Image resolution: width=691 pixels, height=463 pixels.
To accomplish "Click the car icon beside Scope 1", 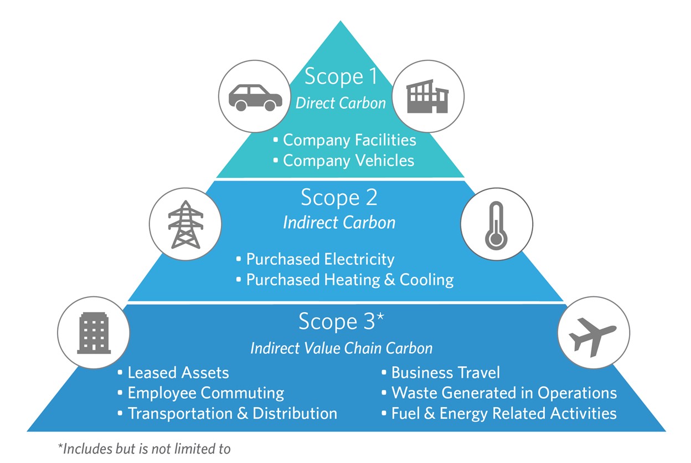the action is (255, 97).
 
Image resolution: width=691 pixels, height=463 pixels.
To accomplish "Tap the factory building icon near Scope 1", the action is (427, 96).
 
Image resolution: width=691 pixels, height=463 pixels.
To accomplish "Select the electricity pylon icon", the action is (185, 224).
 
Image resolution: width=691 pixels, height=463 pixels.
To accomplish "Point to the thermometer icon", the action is (496, 225).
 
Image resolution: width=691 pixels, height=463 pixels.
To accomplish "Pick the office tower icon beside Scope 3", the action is (94, 333).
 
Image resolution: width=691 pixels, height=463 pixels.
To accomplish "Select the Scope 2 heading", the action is (339, 197).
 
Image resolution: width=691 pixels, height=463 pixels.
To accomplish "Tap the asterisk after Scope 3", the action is (380, 317).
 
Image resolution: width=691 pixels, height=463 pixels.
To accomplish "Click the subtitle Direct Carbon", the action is (341, 103).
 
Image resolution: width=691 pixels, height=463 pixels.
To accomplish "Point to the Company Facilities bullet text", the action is (349, 140).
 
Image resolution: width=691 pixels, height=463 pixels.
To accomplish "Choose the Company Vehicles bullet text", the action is (349, 161).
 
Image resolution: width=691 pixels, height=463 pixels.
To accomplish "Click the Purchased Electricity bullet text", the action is (320, 259).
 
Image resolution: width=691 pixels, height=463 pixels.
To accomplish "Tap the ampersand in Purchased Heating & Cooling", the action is (390, 280).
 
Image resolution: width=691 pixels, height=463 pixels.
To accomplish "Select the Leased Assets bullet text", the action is (178, 373).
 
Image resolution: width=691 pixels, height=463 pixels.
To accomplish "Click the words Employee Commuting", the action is (206, 393).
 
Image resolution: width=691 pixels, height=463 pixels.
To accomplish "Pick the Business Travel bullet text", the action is (446, 373).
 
